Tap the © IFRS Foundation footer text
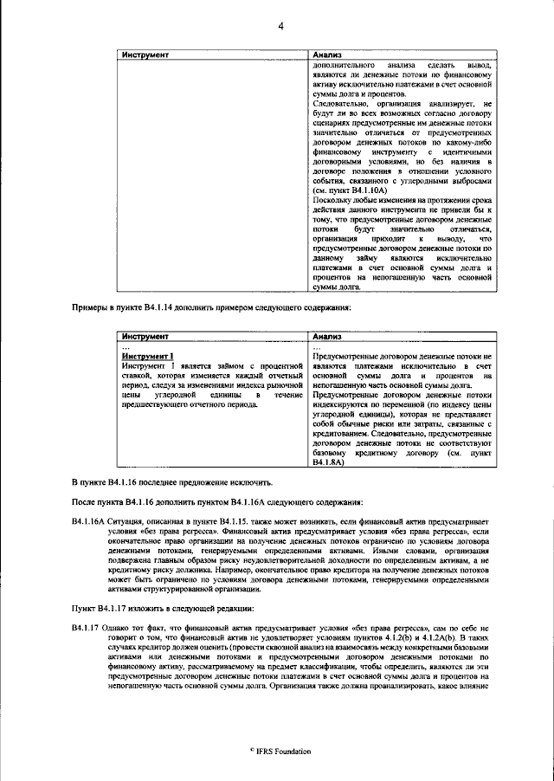coord(280,751)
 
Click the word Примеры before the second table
coord(88,307)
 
